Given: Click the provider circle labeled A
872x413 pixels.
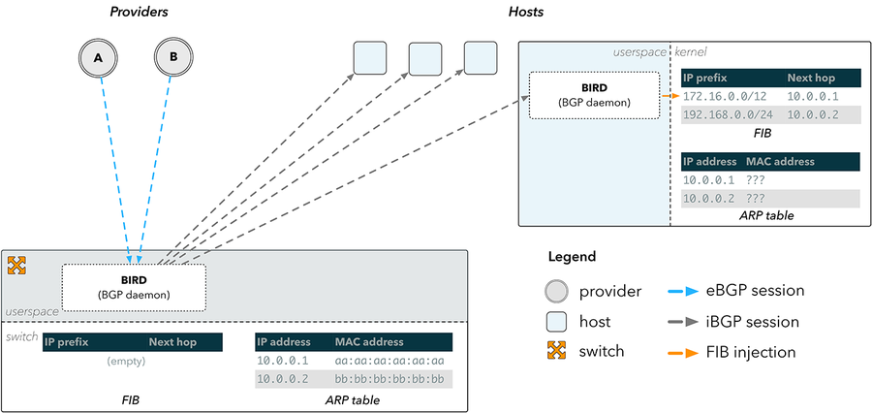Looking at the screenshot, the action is tap(98, 57).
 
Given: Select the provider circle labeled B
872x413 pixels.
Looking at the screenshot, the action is tap(173, 57).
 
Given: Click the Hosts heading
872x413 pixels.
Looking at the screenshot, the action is tap(525, 11).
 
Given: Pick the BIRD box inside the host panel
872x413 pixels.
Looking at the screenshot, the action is tap(594, 95).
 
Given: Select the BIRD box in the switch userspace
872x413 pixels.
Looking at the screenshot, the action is tap(134, 287).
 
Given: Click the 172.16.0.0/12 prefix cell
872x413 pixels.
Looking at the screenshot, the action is tap(725, 96).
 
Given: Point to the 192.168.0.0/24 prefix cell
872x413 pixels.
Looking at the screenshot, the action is tap(729, 115).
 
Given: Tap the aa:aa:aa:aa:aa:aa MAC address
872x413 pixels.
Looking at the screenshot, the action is tap(389, 361).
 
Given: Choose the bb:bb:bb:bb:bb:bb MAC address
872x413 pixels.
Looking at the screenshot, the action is tap(389, 380).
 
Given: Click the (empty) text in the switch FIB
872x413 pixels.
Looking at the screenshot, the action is tap(126, 362).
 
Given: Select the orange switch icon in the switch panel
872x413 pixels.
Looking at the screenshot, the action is tap(16, 266).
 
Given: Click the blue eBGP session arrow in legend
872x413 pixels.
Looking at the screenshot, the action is tap(682, 291).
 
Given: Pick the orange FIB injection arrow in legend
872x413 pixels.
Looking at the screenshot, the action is tap(682, 353).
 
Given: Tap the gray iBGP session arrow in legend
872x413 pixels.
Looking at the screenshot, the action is tap(682, 322).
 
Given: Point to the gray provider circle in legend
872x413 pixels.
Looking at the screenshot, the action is tap(557, 291).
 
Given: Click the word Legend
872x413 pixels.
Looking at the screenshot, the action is tap(572, 257).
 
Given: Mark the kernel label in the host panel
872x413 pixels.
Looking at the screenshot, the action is tap(690, 52).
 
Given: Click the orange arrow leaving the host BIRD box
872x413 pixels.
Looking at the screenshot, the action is tap(670, 96).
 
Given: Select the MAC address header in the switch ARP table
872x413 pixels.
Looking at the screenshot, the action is tap(369, 342).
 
